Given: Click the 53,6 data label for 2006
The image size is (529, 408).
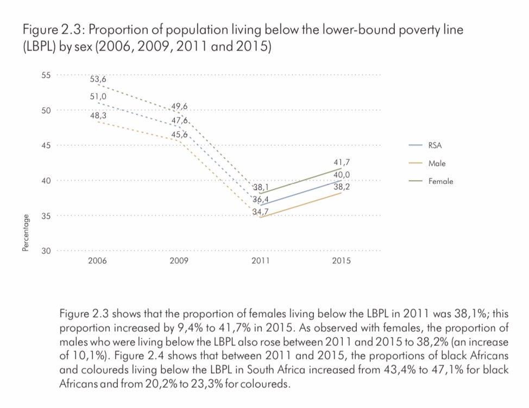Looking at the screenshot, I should (x=98, y=79).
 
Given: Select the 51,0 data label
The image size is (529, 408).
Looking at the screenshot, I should (x=98, y=97).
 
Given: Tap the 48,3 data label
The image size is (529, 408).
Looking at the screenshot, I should (x=98, y=116).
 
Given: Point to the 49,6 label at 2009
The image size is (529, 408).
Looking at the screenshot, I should (x=180, y=107).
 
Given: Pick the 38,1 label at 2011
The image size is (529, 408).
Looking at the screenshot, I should (x=261, y=187).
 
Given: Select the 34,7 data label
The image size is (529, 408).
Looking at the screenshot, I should (x=261, y=211).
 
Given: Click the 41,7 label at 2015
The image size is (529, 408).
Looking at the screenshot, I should (x=342, y=162).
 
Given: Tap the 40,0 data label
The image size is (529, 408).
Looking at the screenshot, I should (x=342, y=174).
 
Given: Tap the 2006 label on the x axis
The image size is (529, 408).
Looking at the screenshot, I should (x=98, y=261).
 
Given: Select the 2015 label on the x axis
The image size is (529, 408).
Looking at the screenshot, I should (x=342, y=261).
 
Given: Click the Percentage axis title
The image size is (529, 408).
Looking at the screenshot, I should (x=26, y=233).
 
